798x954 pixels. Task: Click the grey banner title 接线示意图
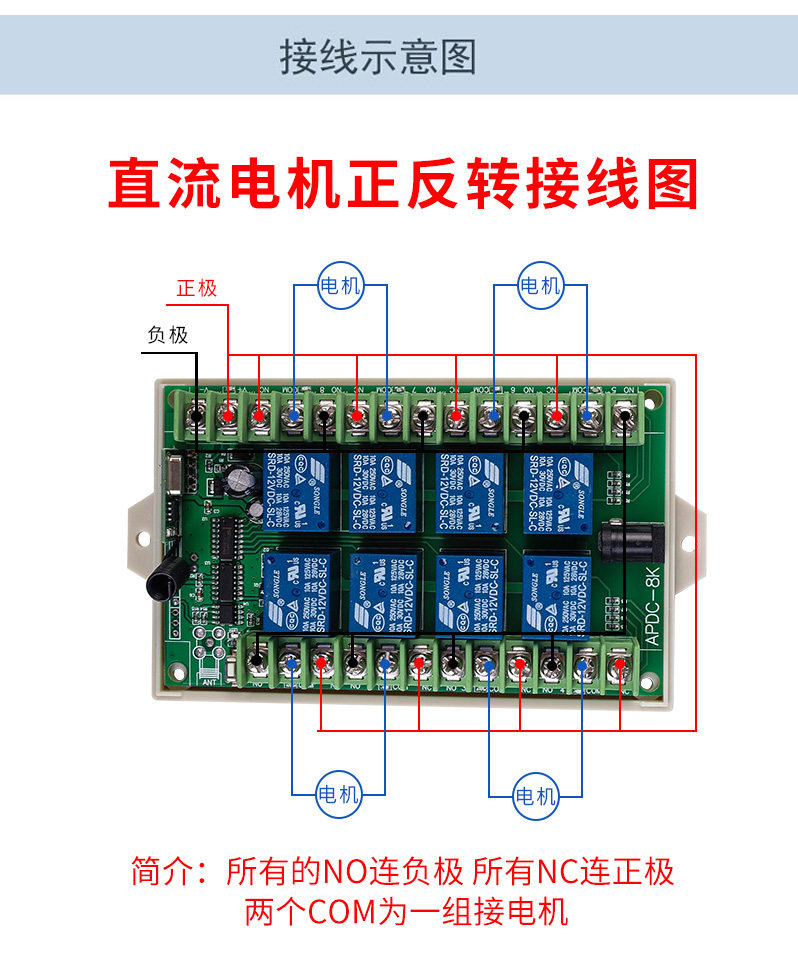378,57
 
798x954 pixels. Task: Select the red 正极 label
197,288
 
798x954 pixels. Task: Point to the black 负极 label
167,335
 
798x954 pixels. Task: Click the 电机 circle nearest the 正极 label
340,286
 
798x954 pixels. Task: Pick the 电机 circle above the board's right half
540,286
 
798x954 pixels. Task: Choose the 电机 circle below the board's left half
338,794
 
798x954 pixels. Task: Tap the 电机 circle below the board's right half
535,796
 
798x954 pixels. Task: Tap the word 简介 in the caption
158,872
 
